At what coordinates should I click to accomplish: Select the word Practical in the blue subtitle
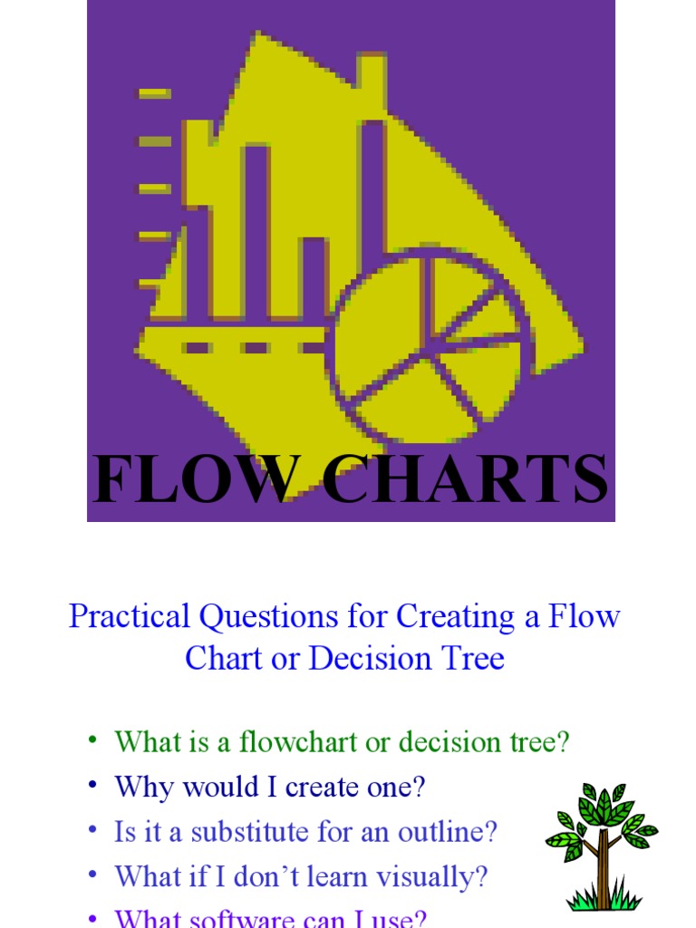click(x=130, y=617)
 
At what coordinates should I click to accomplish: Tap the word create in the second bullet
click(x=324, y=788)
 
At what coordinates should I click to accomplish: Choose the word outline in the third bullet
click(x=452, y=832)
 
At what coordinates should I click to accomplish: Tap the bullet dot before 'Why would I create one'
click(x=92, y=785)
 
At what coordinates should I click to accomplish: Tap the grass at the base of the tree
click(x=604, y=899)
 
